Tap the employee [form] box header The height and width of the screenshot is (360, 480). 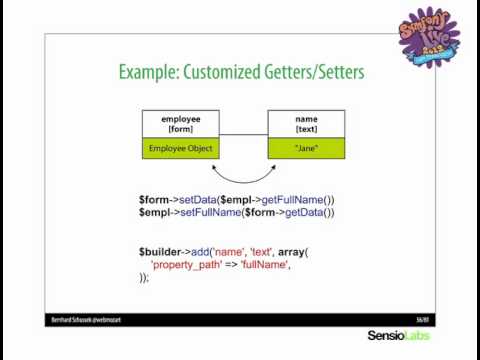point(180,123)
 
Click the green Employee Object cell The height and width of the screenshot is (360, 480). point(180,148)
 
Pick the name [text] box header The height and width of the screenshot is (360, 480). point(306,123)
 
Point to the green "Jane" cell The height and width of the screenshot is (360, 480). point(306,148)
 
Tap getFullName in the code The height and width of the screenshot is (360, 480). point(298,199)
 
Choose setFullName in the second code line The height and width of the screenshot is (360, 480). point(204,212)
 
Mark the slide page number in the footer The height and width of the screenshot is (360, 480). point(422,319)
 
